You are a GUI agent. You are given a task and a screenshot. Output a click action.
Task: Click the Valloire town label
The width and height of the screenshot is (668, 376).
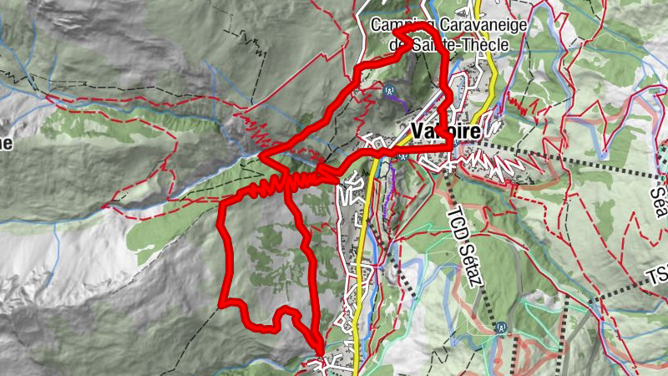point(445,132)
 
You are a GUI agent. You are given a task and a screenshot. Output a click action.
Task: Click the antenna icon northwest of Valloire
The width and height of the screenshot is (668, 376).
point(389,90)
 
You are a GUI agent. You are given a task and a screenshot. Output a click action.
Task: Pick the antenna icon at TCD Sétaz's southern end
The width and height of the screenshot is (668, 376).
point(501,328)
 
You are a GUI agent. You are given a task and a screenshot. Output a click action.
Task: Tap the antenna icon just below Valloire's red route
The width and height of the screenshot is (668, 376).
point(403,155)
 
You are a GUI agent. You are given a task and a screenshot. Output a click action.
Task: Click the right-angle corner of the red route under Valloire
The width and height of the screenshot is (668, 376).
point(453,147)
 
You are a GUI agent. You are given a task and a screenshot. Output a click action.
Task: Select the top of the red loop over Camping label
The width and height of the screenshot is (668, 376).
point(417,28)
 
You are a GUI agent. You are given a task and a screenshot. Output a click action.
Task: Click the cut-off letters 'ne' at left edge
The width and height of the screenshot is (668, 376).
point(6,143)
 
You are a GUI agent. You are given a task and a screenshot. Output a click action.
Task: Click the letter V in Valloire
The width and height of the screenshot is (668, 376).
point(417,132)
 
